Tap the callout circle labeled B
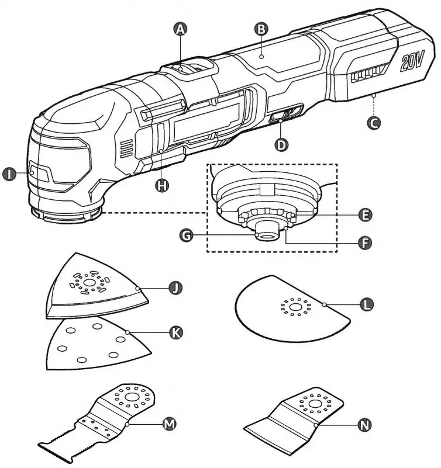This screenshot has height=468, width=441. tap(261, 28)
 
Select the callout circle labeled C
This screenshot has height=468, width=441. tap(373, 123)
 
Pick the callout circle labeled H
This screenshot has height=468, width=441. tap(162, 185)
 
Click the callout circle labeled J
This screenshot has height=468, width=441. tap(175, 287)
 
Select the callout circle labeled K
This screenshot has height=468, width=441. tap(175, 332)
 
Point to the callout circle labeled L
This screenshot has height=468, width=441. tap(366, 304)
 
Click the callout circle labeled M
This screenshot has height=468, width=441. tap(168, 423)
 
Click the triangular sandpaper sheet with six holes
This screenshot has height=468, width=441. tap(94, 346)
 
